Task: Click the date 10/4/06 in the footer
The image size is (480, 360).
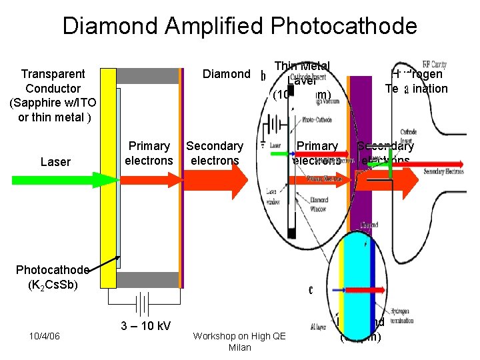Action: [45, 335]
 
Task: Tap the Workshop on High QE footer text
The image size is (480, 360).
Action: [239, 336]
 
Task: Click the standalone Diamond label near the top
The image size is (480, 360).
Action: [225, 74]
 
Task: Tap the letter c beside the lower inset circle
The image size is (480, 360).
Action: [311, 290]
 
